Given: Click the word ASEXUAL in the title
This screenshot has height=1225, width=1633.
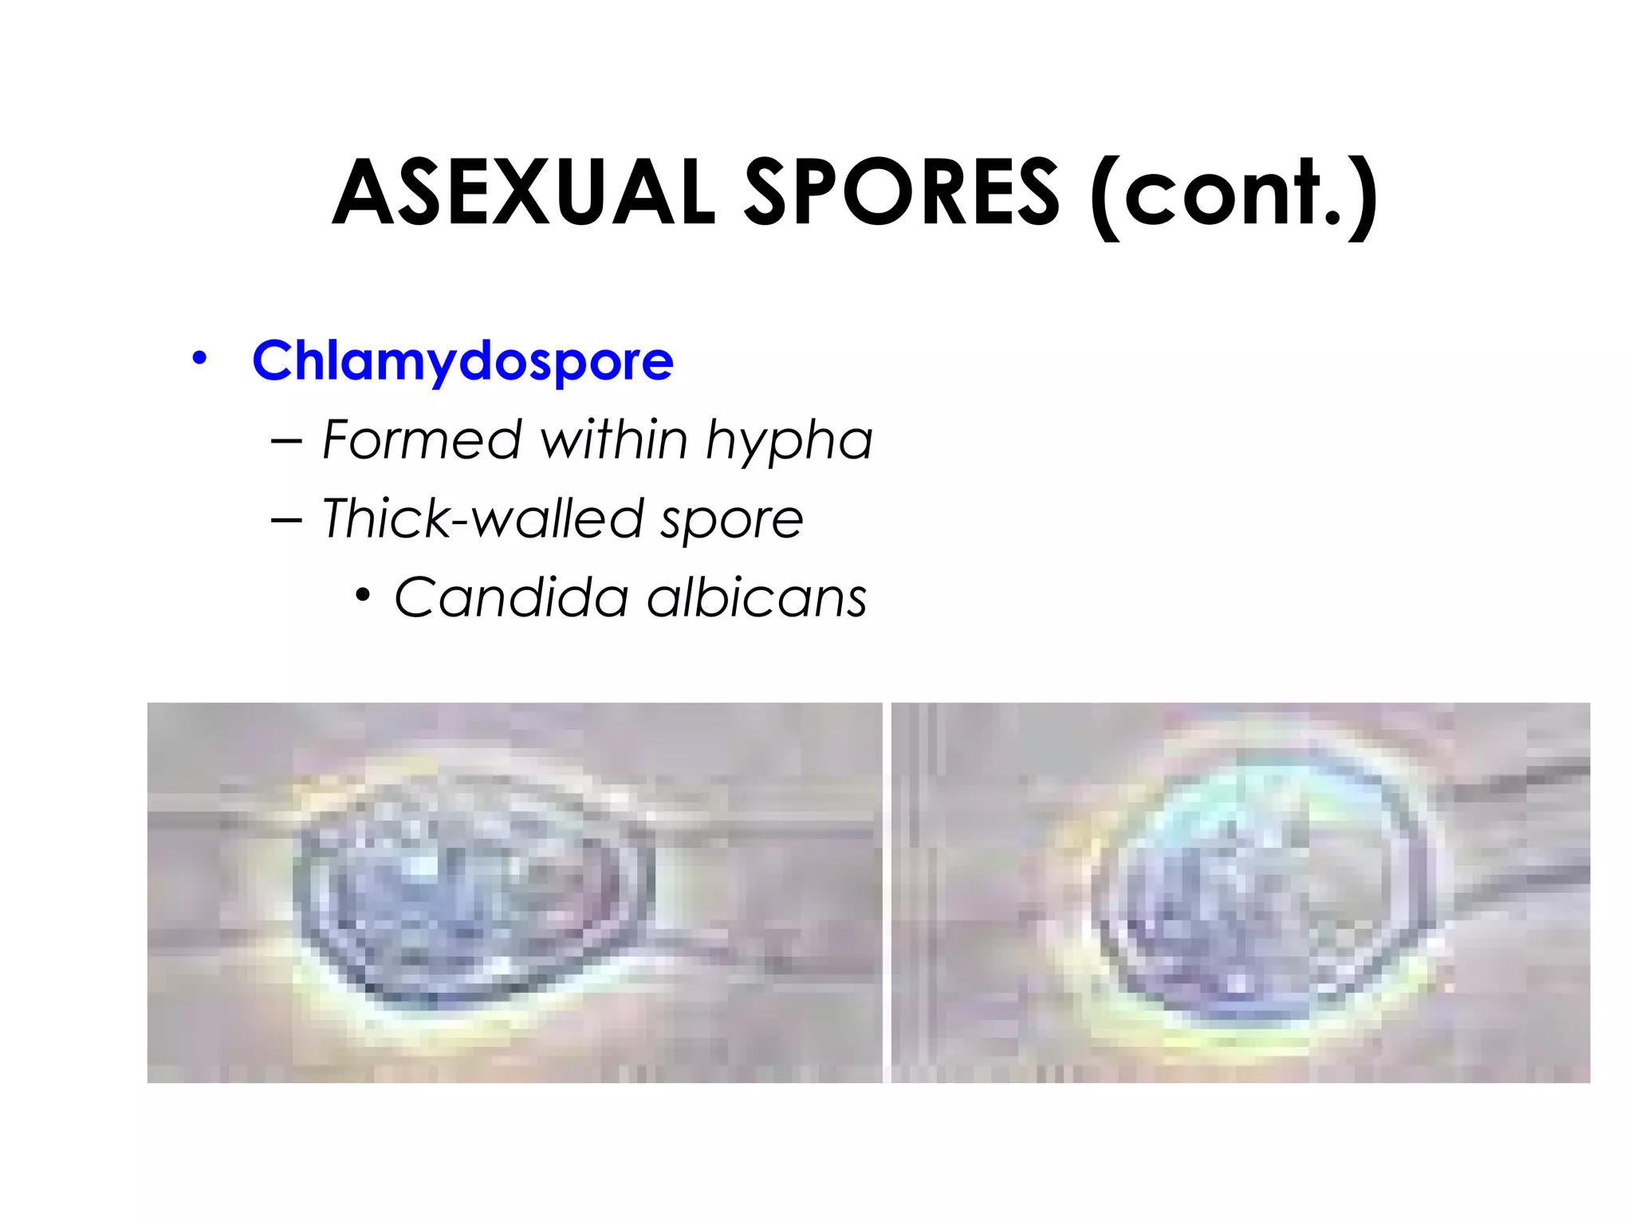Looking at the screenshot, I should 524,193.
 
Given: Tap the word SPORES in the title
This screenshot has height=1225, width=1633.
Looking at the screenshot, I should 901,193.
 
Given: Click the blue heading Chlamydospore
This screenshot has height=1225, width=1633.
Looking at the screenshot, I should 462,361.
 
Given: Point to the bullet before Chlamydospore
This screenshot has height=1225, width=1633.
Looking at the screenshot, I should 199,358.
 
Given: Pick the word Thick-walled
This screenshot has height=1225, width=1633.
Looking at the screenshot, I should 482,518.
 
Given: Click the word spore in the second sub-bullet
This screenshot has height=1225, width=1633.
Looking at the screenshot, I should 731,521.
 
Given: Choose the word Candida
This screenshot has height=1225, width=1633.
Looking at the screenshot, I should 511,597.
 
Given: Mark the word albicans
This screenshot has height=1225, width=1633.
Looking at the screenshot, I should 757,597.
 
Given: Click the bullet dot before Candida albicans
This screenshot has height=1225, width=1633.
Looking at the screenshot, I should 364,595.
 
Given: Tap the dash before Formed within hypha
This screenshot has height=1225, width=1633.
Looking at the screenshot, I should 286,441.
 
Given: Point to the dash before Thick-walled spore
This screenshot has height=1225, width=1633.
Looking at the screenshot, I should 286,520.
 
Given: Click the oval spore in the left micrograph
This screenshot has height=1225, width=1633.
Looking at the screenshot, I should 470,885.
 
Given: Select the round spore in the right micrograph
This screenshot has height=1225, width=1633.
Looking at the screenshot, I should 1268,885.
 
